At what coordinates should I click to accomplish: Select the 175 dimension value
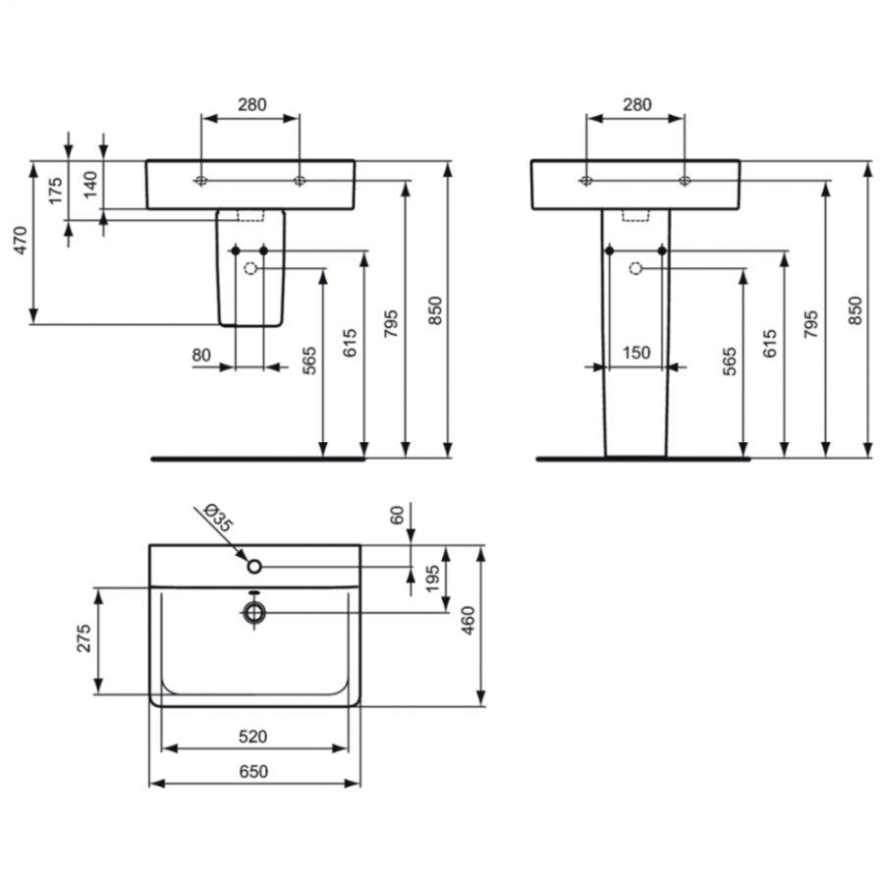pyautogui.click(x=56, y=190)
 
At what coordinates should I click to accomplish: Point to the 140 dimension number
pyautogui.click(x=90, y=185)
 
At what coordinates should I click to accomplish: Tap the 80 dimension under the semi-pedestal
pyautogui.click(x=201, y=355)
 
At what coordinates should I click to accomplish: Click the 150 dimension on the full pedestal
pyautogui.click(x=636, y=354)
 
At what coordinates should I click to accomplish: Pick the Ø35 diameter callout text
pyautogui.click(x=218, y=518)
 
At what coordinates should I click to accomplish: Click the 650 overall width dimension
pyautogui.click(x=253, y=772)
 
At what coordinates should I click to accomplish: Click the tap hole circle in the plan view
pyautogui.click(x=254, y=566)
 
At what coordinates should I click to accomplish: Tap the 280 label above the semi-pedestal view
pyautogui.click(x=251, y=104)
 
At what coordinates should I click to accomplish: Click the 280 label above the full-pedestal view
pyautogui.click(x=636, y=104)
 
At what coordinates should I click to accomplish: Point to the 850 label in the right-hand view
pyautogui.click(x=855, y=310)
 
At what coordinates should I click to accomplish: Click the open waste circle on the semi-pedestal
pyautogui.click(x=249, y=268)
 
